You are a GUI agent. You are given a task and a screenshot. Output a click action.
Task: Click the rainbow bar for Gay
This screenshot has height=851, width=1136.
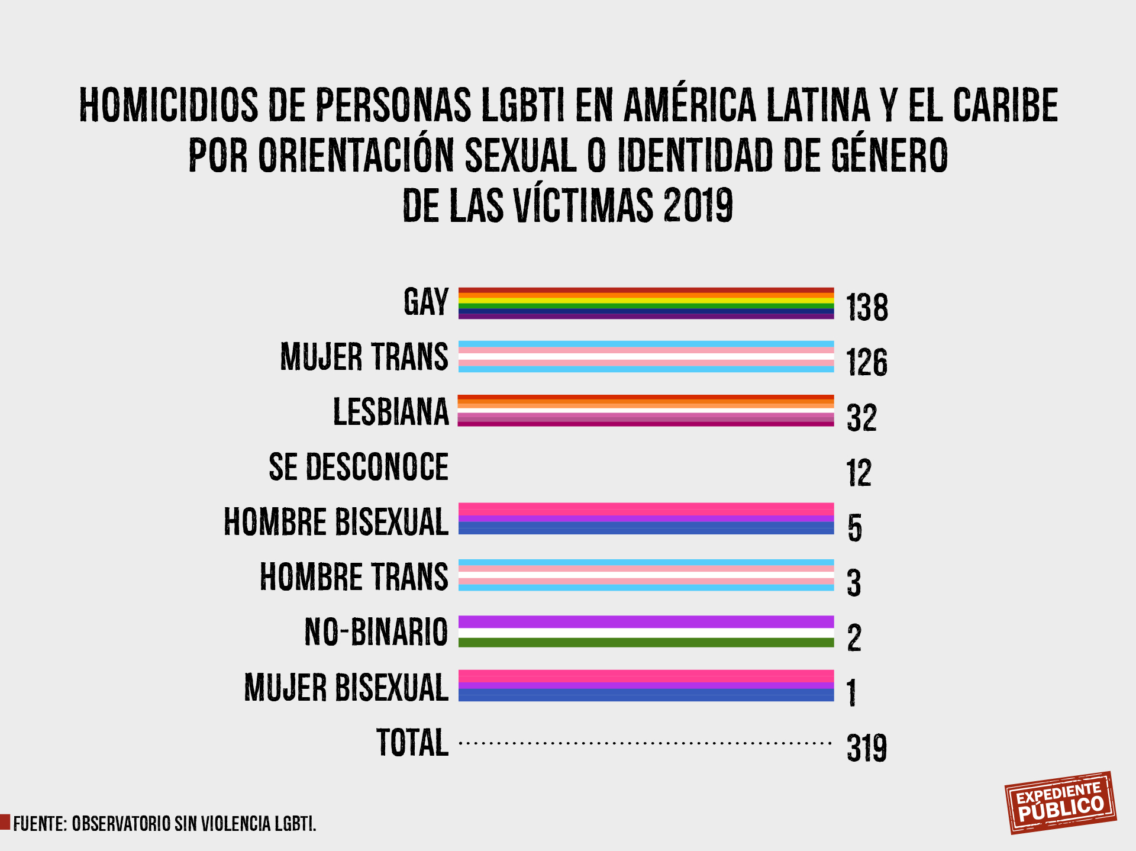pyautogui.click(x=646, y=303)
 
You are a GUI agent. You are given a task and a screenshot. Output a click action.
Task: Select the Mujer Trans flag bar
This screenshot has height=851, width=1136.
pyautogui.click(x=646, y=356)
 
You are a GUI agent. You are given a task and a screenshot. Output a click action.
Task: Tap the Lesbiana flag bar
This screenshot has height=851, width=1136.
pyautogui.click(x=646, y=410)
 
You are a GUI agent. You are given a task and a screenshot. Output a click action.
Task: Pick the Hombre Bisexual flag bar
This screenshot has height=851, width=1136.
pyautogui.click(x=646, y=518)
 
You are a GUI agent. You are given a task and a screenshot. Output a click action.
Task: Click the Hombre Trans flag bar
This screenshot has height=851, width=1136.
pyautogui.click(x=646, y=575)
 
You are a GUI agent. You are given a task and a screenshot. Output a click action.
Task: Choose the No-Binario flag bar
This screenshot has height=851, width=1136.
pyautogui.click(x=646, y=631)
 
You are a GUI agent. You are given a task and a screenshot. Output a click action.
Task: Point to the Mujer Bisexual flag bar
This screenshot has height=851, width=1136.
pyautogui.click(x=646, y=685)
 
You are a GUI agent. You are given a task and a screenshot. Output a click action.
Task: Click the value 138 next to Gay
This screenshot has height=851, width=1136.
pyautogui.click(x=867, y=307)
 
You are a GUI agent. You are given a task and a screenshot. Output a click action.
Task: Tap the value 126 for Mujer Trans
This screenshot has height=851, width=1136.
pyautogui.click(x=867, y=362)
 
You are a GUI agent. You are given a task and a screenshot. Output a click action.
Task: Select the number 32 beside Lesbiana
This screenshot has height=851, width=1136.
pyautogui.click(x=861, y=418)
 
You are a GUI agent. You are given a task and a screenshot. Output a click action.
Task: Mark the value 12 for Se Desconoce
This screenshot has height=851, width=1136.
pyautogui.click(x=859, y=473)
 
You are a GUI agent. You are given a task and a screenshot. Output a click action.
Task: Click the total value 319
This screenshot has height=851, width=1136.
pyautogui.click(x=867, y=747)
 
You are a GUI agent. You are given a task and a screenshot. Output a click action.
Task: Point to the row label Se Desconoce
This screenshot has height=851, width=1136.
pyautogui.click(x=359, y=467)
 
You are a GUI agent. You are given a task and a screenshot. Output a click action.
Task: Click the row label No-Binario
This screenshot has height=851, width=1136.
pyautogui.click(x=376, y=631)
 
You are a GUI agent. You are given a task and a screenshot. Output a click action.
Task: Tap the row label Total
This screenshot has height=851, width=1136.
pyautogui.click(x=412, y=743)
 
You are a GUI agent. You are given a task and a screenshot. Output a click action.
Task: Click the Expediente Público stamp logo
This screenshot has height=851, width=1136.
pyautogui.click(x=1060, y=802)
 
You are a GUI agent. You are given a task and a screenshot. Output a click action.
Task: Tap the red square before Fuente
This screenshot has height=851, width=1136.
pyautogui.click(x=5, y=822)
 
